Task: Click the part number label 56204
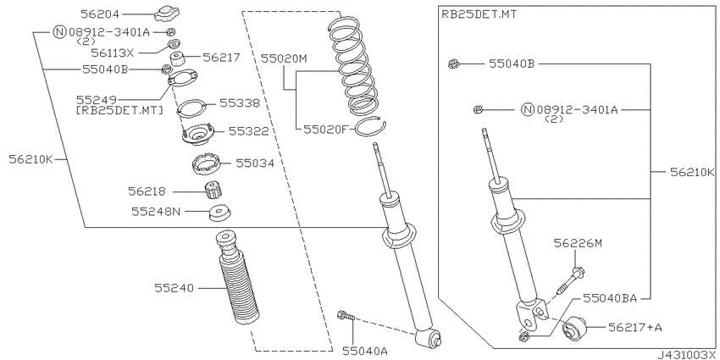pyautogui.click(x=100, y=14)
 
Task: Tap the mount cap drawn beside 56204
pyautogui.click(x=166, y=13)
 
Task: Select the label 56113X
pyautogui.click(x=112, y=53)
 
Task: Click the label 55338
pyautogui.click(x=239, y=102)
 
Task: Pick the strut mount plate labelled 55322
pyautogui.click(x=197, y=134)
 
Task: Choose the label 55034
pyautogui.click(x=255, y=163)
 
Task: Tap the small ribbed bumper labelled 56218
pyautogui.click(x=213, y=190)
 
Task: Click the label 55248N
pyautogui.click(x=156, y=211)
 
